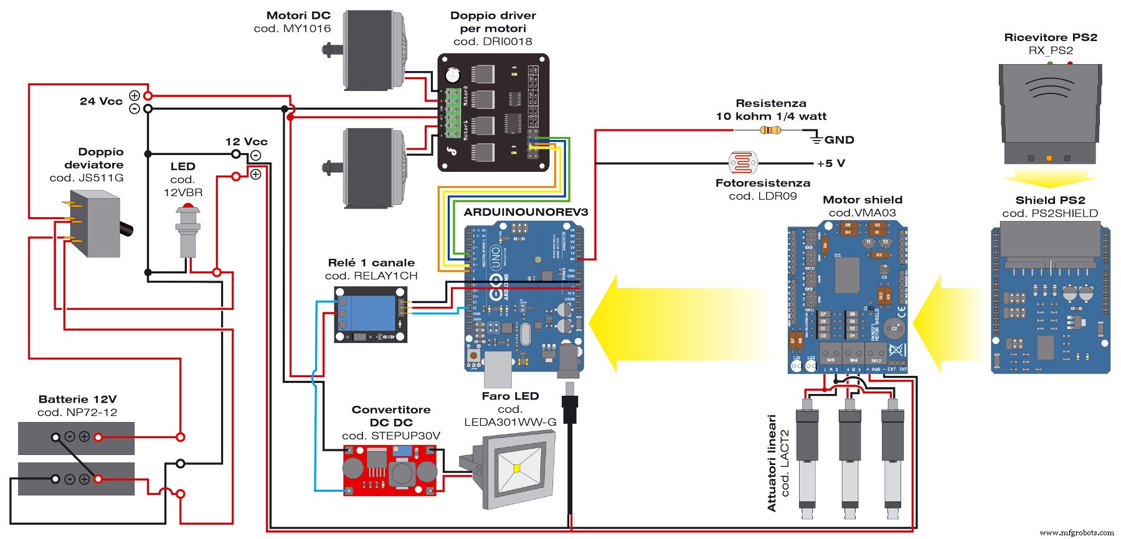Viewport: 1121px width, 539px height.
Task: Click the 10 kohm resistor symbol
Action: (770, 130)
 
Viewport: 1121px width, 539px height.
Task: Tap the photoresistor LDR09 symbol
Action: (742, 164)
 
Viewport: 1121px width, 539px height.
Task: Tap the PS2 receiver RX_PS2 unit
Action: (1050, 112)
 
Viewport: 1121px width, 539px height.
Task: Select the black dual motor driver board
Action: (493, 112)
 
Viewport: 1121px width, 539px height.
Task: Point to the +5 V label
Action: (831, 164)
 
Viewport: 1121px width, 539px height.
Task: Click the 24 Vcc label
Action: (101, 101)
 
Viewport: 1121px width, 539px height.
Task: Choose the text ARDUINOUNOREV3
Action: (526, 212)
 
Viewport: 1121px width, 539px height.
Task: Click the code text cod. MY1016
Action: (292, 29)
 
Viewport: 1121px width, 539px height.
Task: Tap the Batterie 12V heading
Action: (77, 399)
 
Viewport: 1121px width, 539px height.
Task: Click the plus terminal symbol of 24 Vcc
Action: (135, 95)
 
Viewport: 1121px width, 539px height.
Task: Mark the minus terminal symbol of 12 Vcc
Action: (255, 155)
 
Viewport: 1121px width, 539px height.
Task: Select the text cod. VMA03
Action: (862, 213)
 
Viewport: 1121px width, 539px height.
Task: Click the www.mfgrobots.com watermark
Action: (1077, 533)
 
